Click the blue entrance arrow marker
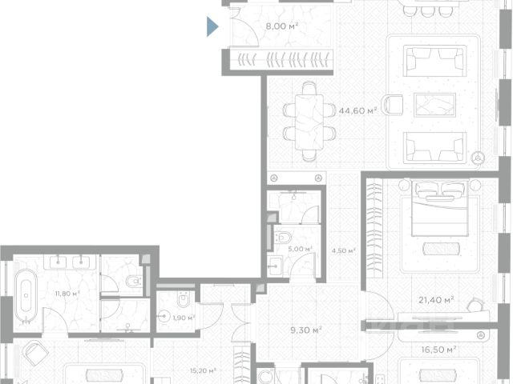tap(212, 26)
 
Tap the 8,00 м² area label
tap(282, 26)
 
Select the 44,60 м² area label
tap(357, 110)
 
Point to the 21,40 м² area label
tap(436, 299)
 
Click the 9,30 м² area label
tap(306, 330)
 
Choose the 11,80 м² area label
tap(67, 294)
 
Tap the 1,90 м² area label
tap(184, 318)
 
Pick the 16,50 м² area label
tap(438, 350)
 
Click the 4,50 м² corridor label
tap(343, 250)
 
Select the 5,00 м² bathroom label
tap(300, 249)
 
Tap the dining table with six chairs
tap(309, 122)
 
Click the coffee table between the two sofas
tap(434, 105)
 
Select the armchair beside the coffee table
tap(393, 105)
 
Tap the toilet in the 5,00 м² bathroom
tap(283, 238)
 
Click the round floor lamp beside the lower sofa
tap(478, 158)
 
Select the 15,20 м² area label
tap(203, 371)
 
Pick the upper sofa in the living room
tap(434, 61)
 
